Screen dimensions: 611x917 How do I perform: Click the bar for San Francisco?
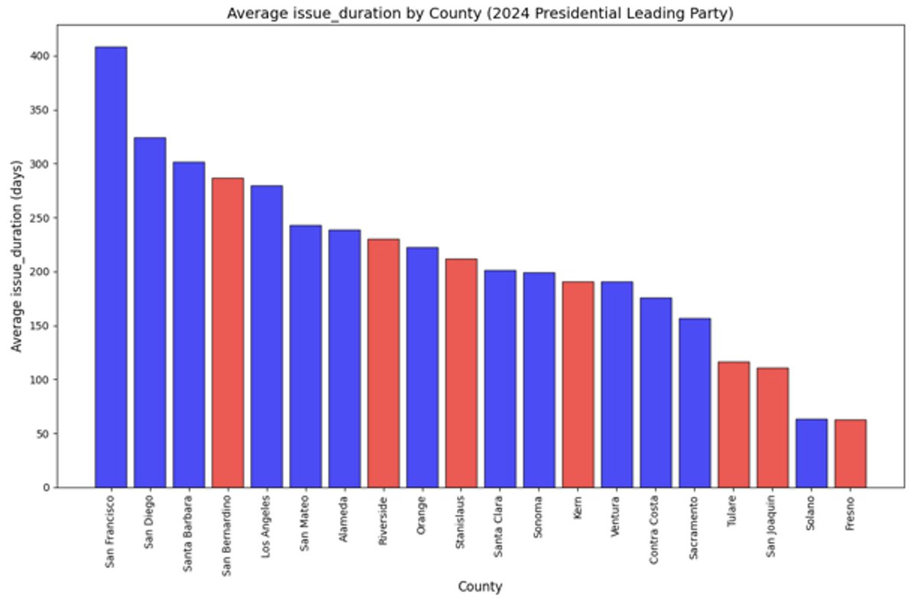coord(111,267)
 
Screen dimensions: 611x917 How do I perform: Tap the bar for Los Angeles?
coord(267,336)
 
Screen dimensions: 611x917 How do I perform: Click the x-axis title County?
coord(480,587)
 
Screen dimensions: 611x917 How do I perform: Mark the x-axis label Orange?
coord(423,519)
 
